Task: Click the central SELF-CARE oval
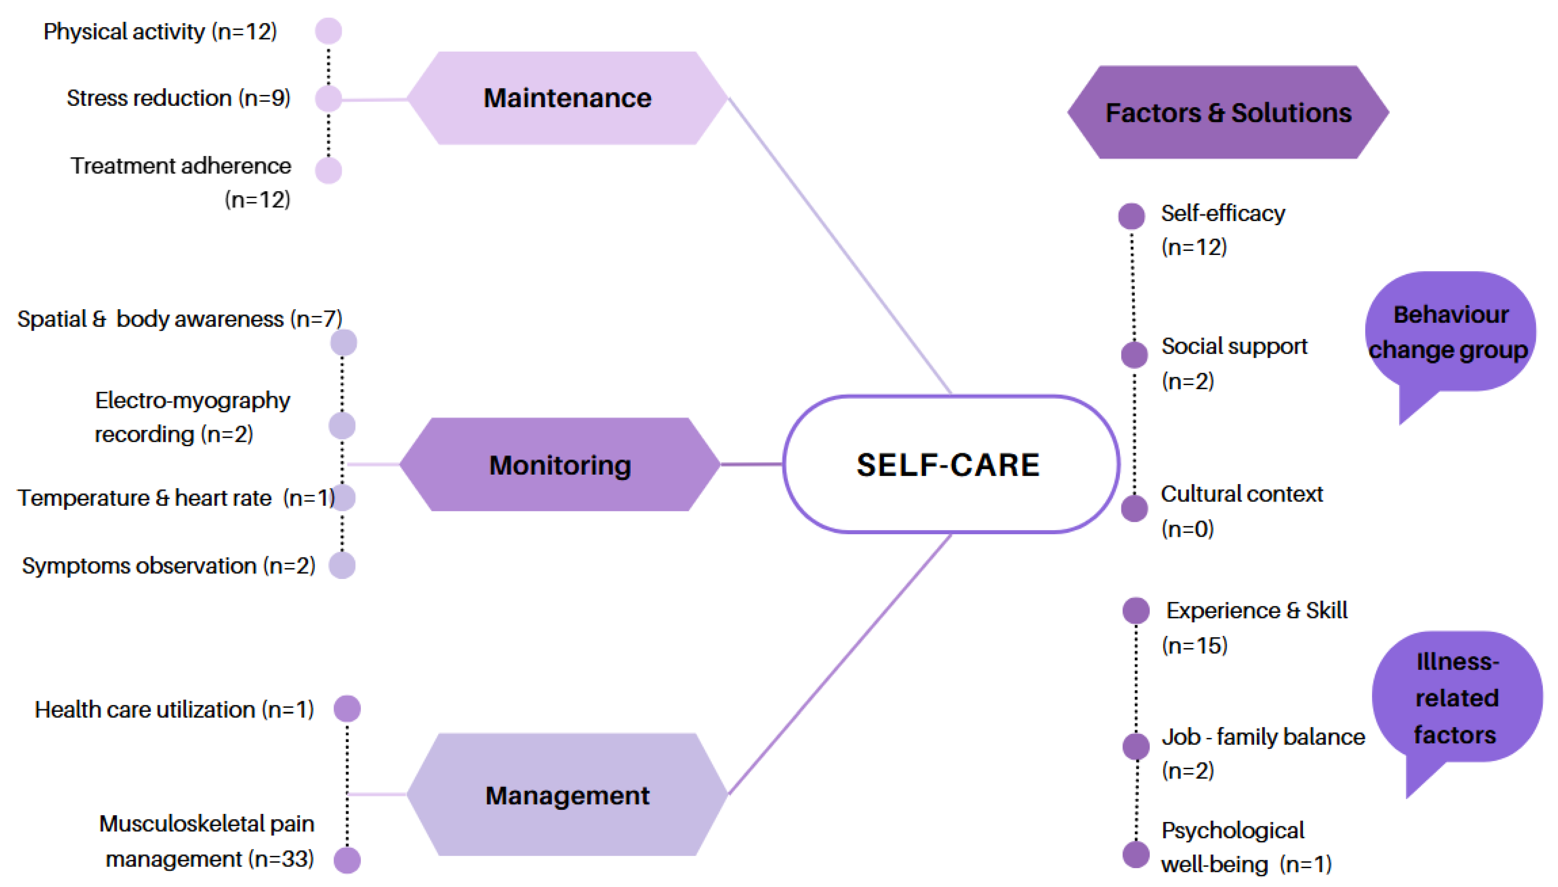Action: pos(949,464)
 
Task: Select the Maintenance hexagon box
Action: pos(567,98)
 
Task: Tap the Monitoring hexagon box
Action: pos(559,465)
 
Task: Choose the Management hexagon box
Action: pos(567,795)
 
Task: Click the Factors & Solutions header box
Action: pos(1228,113)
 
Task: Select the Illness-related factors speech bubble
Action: pos(1456,698)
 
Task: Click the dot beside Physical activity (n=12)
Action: pos(329,31)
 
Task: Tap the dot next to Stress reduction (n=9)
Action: pos(329,99)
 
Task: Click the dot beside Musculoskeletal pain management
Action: pos(347,860)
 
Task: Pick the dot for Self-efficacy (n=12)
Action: pos(1132,216)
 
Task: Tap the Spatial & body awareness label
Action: pos(180,319)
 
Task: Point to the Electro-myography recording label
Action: pos(192,417)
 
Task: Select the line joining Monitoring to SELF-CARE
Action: pos(751,464)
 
